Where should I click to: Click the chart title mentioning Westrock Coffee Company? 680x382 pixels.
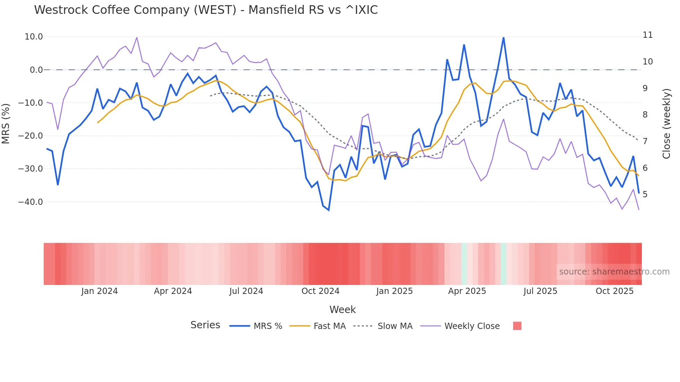click(206, 10)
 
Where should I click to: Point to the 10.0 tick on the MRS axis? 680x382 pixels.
click(34, 37)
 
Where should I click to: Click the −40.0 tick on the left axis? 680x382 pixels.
click(31, 202)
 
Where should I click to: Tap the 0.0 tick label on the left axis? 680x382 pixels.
click(36, 70)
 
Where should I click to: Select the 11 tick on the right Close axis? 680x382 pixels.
click(647, 35)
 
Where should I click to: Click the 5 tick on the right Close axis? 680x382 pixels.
click(645, 194)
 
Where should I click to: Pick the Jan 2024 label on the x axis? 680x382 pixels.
click(100, 291)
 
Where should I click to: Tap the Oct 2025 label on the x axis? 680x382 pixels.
click(614, 291)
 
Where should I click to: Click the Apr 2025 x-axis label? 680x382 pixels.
click(467, 291)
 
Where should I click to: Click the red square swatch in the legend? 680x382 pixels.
click(517, 326)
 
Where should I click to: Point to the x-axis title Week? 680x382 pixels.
click(342, 310)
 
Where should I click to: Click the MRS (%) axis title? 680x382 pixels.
click(6, 123)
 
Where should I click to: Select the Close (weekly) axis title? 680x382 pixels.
click(666, 123)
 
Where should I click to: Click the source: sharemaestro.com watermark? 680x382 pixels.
click(614, 272)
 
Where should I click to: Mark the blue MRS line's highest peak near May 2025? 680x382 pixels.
click(503, 37)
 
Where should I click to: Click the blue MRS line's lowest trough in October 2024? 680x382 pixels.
click(329, 210)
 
